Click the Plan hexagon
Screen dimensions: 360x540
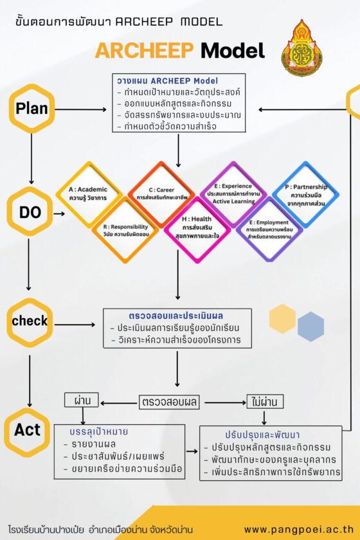pos(32,109)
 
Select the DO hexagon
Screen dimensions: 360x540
pos(30,212)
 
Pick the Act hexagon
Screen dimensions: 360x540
pos(28,431)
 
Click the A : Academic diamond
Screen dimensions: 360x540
pos(89,194)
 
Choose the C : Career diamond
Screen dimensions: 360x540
pos(161,194)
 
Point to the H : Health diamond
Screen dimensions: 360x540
pos(197,229)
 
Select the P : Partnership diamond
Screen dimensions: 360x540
pos(305,195)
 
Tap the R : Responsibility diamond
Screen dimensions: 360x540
pos(125,230)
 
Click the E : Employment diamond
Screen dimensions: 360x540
pos(269,230)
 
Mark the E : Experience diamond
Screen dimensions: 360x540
pos(233,194)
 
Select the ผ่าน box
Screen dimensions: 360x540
pos(82,400)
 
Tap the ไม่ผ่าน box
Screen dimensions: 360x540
pos(265,401)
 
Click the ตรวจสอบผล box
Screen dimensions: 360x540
pos(169,402)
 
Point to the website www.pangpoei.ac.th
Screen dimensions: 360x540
pos(299,529)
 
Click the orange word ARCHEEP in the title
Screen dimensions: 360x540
pos(145,50)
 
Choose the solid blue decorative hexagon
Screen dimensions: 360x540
pos(310,327)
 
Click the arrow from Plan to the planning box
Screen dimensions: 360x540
pos(81,109)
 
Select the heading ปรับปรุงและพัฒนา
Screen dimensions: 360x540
pos(262,435)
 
